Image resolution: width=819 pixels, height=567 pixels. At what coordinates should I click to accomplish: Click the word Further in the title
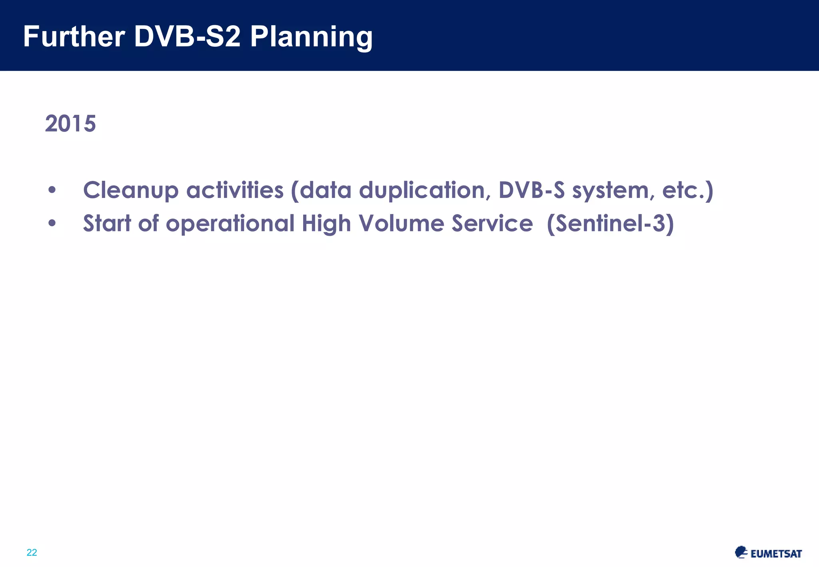74,36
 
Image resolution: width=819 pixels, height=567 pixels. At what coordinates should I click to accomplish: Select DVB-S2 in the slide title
187,36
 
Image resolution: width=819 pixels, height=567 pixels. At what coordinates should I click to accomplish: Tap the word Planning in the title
311,37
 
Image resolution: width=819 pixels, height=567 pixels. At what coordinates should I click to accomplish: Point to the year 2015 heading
70,124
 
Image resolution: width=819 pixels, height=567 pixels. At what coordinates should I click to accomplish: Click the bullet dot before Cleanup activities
52,190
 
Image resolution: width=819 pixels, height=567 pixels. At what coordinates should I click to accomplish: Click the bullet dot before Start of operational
52,223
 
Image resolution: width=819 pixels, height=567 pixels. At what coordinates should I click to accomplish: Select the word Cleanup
130,190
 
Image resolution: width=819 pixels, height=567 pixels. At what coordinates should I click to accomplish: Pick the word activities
235,190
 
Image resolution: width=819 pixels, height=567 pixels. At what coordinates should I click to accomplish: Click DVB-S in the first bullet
531,190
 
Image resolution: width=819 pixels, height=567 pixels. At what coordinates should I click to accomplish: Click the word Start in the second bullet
107,223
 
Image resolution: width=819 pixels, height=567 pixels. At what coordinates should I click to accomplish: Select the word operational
230,224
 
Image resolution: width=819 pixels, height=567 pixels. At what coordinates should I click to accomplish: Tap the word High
326,224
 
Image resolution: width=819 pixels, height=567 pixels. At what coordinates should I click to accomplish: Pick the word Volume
401,223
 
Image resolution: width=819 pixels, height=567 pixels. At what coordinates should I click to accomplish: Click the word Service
492,223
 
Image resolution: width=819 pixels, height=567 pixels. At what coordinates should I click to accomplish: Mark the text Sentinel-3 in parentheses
610,223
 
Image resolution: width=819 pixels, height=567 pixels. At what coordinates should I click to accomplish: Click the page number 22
32,553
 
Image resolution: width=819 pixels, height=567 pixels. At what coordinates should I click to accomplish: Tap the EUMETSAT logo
768,553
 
